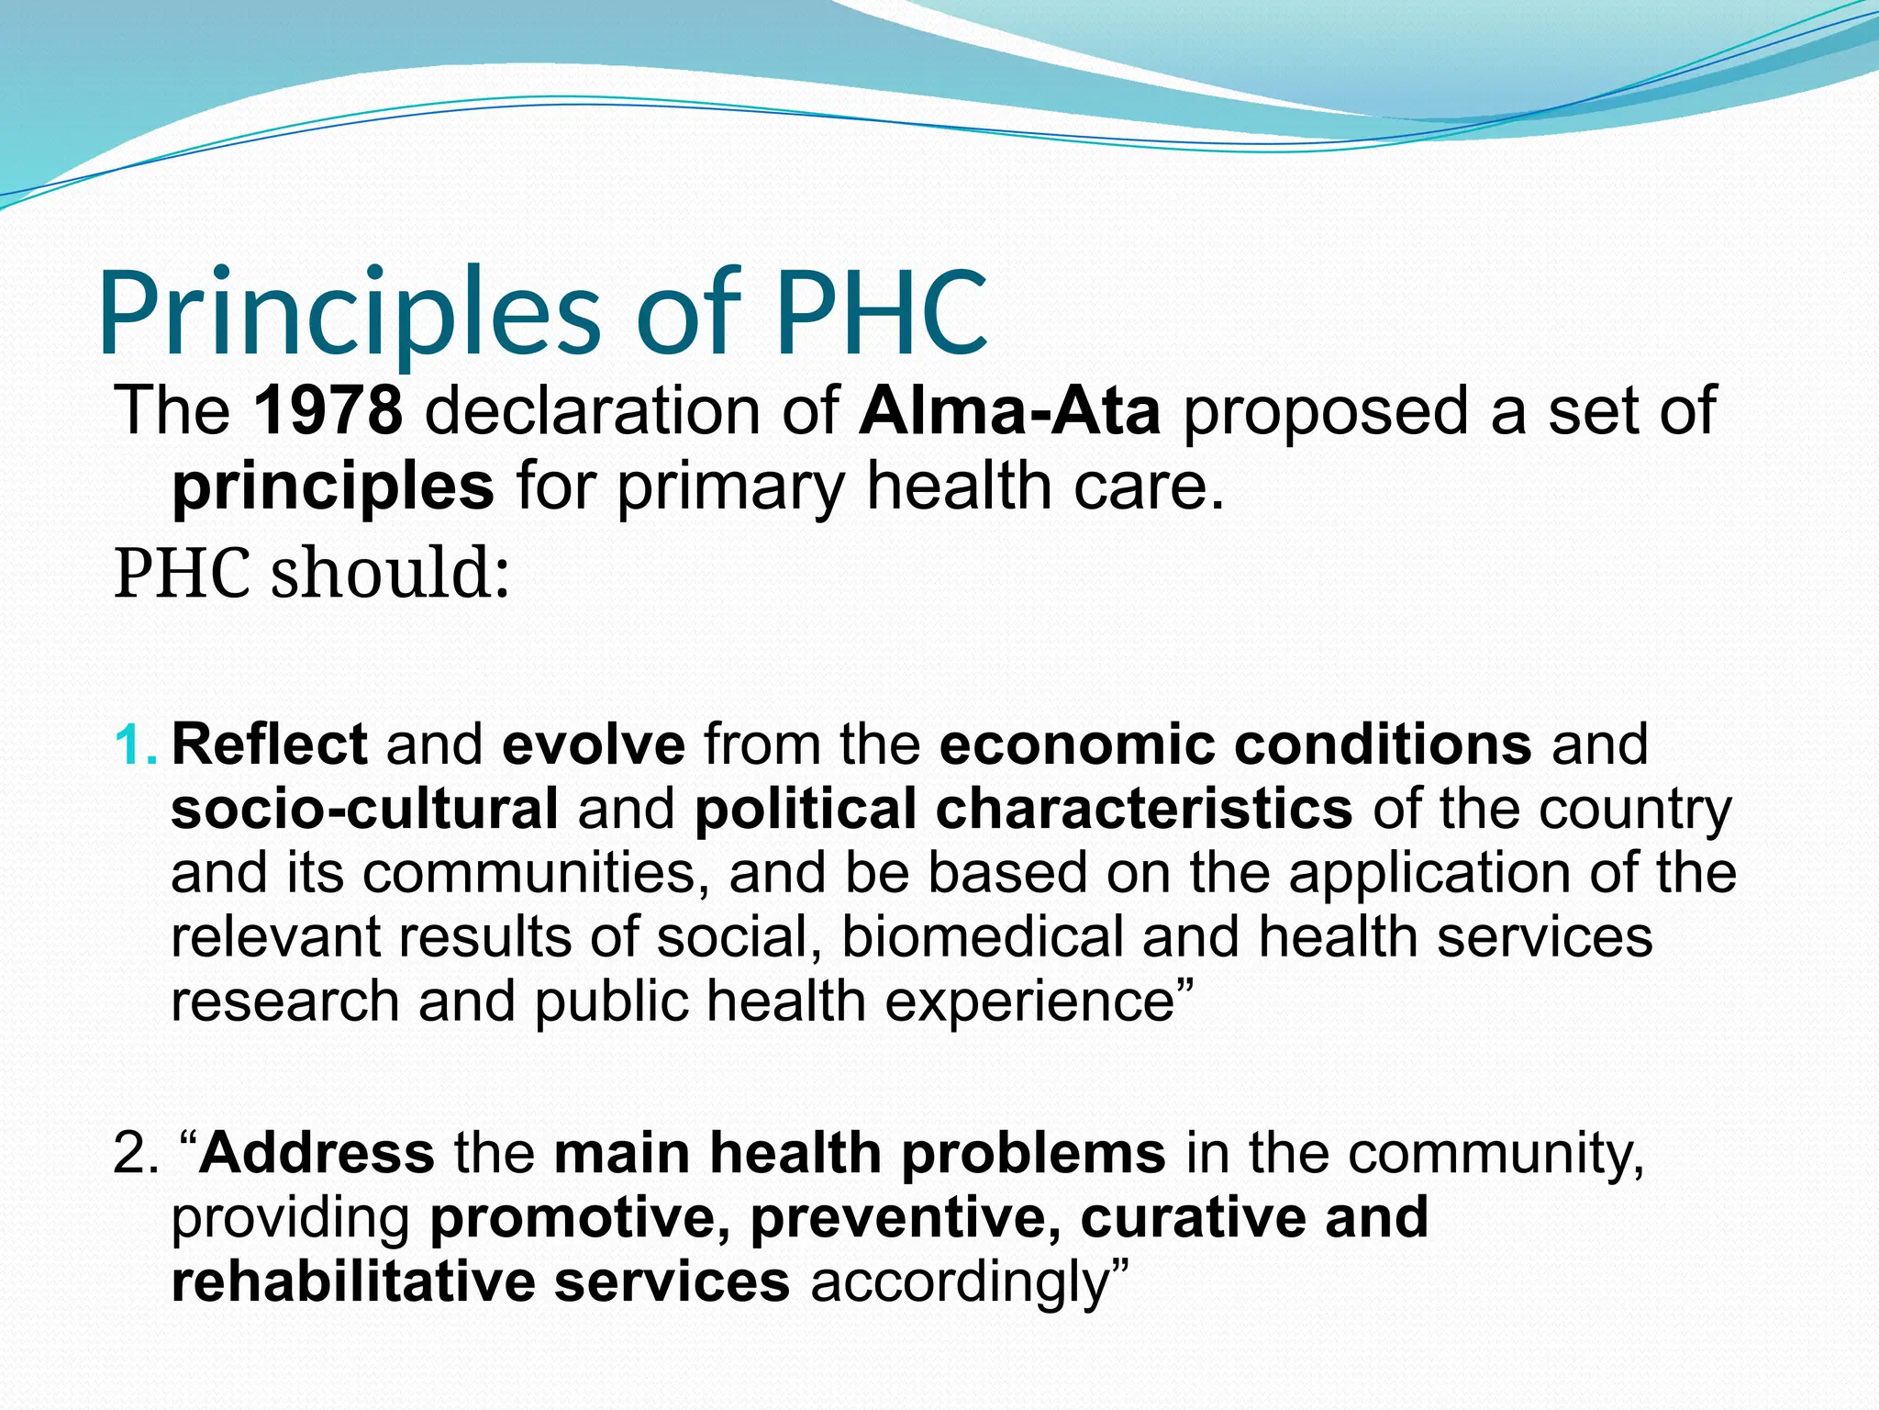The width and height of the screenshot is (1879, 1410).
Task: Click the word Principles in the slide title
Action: click(349, 314)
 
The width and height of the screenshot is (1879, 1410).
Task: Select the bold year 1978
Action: click(328, 410)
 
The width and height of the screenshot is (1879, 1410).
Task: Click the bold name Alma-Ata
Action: click(1010, 410)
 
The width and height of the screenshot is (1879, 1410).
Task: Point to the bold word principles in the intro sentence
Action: click(333, 487)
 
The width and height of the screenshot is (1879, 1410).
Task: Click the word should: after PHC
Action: click(390, 573)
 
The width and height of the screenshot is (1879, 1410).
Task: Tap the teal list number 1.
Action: click(135, 744)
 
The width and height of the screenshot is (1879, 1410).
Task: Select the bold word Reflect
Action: click(269, 744)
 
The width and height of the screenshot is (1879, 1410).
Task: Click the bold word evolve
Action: click(594, 744)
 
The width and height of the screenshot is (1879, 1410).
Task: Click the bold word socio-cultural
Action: click(364, 809)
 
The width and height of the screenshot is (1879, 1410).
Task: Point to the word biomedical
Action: click(982, 937)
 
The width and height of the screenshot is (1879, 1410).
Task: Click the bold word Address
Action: click(317, 1153)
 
